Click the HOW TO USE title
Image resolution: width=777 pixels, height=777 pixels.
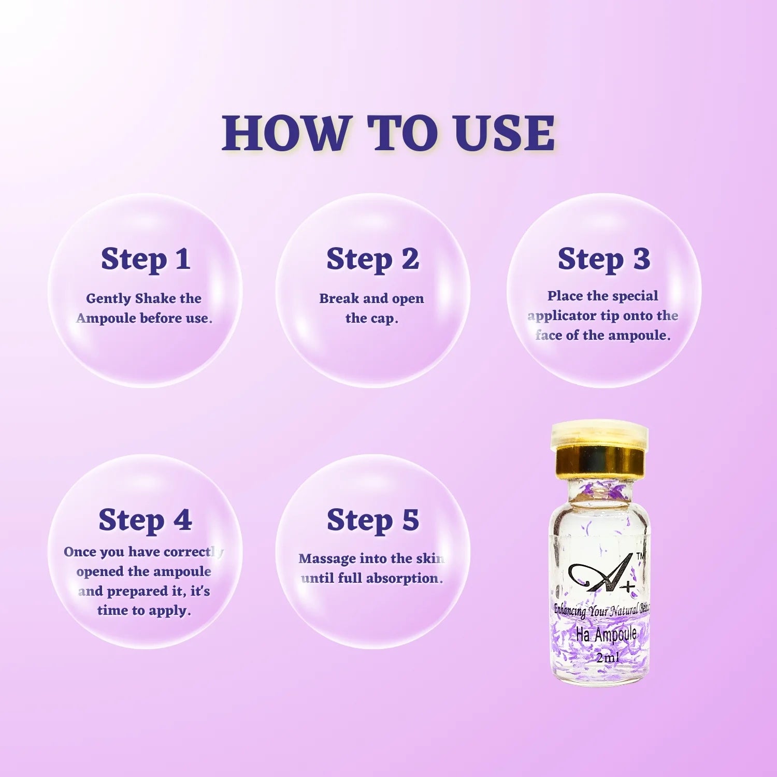click(388, 133)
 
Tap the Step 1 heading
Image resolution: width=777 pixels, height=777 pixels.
click(146, 259)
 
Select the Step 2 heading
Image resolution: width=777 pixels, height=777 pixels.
click(372, 259)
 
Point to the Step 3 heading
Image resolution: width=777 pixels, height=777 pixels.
click(603, 259)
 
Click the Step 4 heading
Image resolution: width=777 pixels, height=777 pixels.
click(145, 520)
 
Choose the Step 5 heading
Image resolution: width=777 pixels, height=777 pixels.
click(372, 520)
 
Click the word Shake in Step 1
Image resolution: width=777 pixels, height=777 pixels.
click(155, 298)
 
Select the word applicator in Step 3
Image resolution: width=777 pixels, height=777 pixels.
click(562, 316)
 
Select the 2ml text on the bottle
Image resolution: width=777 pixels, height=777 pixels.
click(607, 658)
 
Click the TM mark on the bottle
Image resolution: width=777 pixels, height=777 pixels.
click(640, 556)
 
